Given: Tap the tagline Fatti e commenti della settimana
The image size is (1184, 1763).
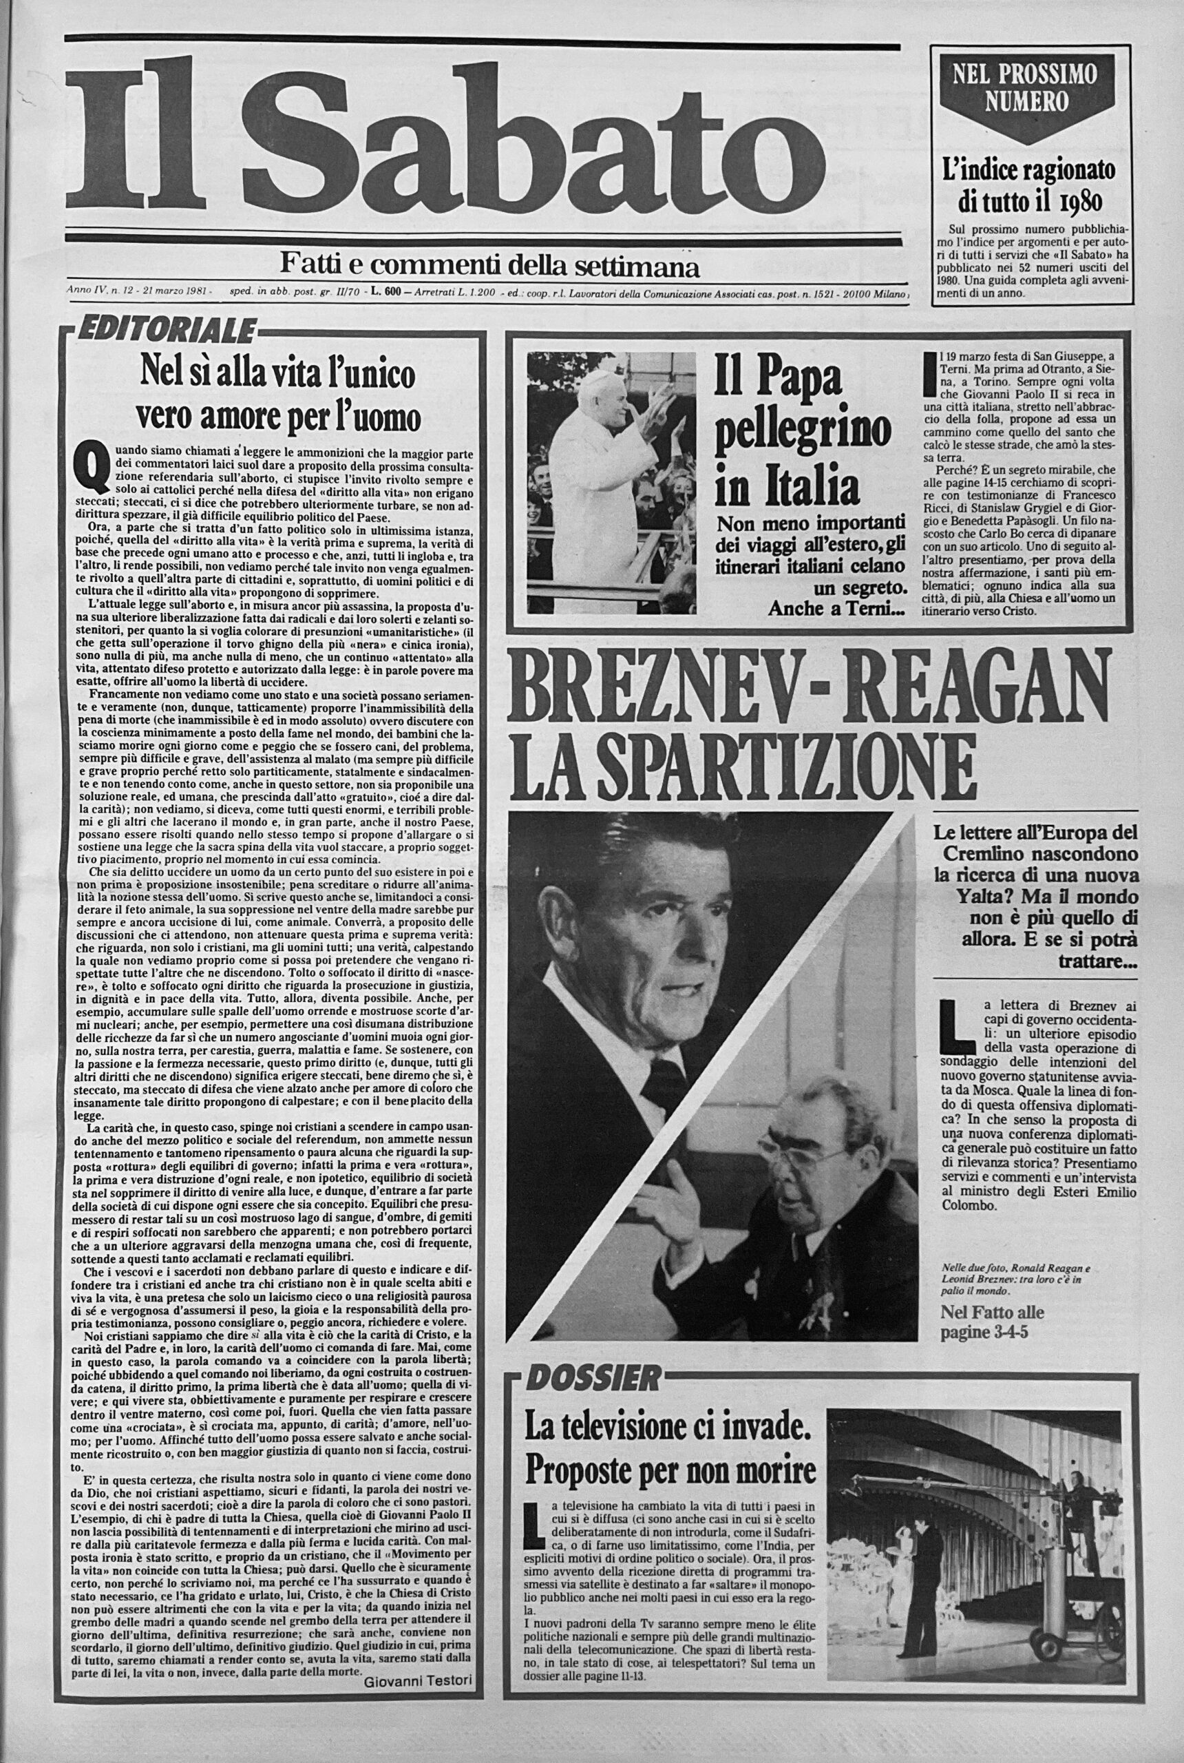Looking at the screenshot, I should tap(489, 265).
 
